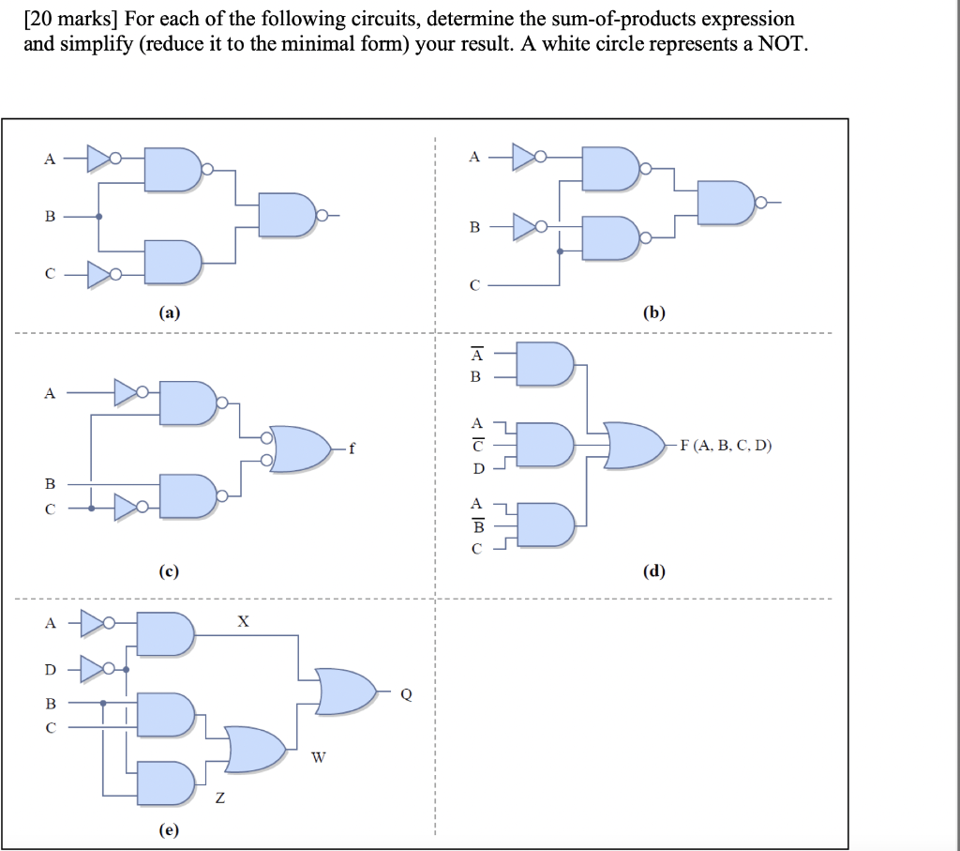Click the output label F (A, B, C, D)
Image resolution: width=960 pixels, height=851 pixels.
[727, 445]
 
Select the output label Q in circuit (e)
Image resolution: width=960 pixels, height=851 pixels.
[406, 695]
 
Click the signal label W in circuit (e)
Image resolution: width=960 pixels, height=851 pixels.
[318, 758]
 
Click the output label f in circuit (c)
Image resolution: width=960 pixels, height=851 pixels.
[352, 448]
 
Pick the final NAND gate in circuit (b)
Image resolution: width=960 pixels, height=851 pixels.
[727, 202]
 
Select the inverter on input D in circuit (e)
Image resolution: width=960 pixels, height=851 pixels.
[97, 669]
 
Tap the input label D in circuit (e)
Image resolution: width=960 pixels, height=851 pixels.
[51, 669]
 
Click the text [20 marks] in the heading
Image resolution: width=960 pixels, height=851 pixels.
[68, 19]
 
